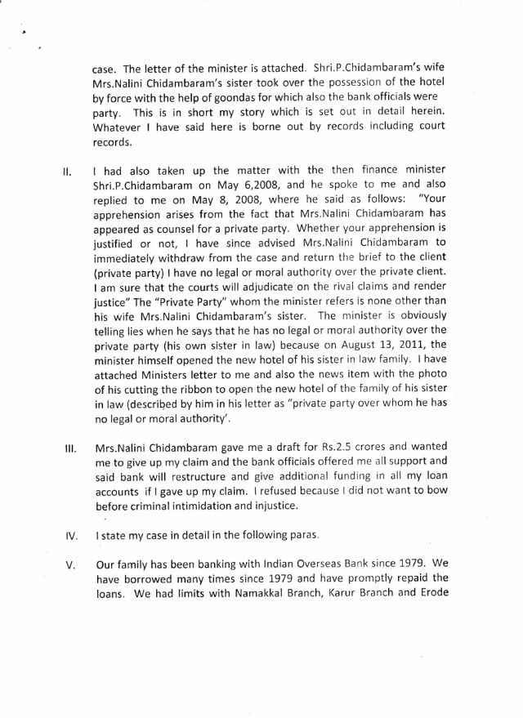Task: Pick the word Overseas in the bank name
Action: (x=333, y=563)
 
